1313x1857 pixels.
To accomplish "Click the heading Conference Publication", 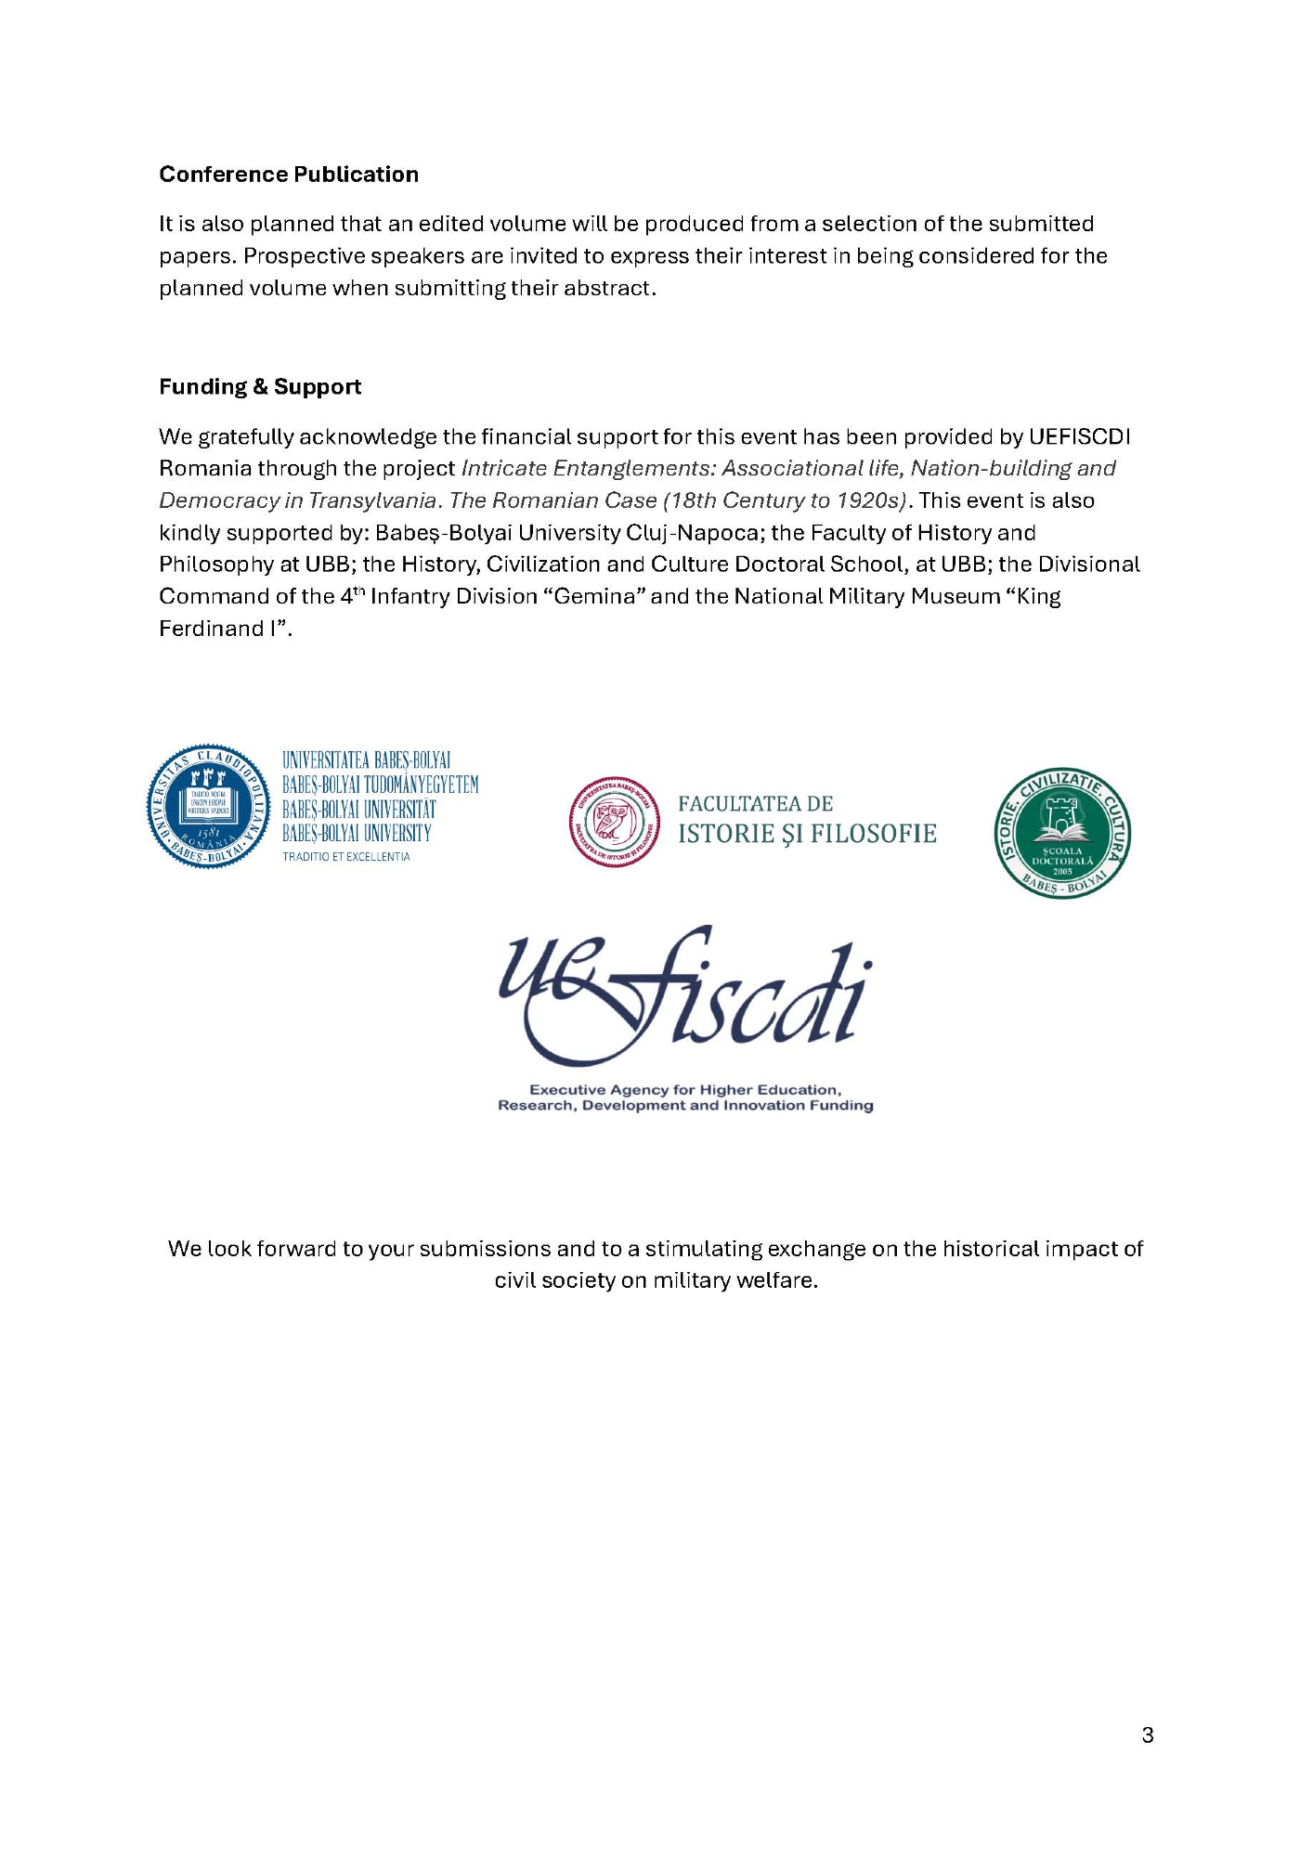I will click(289, 175).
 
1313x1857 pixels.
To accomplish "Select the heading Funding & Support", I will click(260, 387).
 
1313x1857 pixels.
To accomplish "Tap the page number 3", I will click(1148, 1735).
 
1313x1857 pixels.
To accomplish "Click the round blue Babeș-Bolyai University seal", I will click(208, 806).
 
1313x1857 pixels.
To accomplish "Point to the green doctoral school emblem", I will click(1062, 834).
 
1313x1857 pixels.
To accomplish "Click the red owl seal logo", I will click(614, 822).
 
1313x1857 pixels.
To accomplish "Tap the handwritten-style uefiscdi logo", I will click(685, 996).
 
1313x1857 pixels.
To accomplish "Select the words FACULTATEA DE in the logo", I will click(755, 804).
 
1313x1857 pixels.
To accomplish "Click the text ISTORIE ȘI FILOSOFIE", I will click(807, 834).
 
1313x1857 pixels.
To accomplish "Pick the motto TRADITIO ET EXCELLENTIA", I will click(346, 857).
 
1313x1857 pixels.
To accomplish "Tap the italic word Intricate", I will click(502, 468).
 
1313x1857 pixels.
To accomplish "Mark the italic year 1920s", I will click(870, 500).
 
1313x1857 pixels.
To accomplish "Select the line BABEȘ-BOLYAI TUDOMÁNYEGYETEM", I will click(381, 786).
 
